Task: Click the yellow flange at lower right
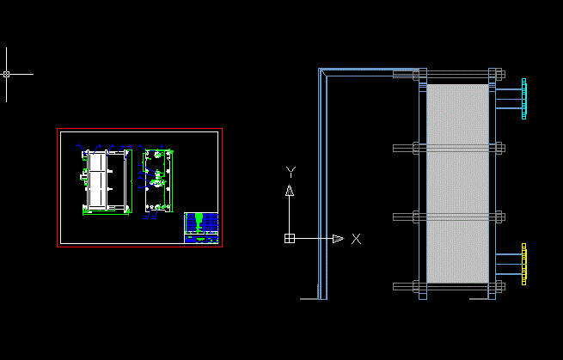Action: [x=523, y=263]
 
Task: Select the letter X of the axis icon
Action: [x=356, y=238]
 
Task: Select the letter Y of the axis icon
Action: [x=291, y=172]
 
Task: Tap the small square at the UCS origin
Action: [x=291, y=238]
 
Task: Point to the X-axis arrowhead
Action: [x=338, y=238]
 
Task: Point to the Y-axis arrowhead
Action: [x=291, y=191]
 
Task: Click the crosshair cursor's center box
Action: [x=7, y=74]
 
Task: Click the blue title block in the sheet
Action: [x=201, y=228]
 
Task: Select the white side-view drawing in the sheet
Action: [x=106, y=181]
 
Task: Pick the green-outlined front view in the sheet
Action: [x=157, y=180]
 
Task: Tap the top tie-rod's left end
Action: [x=395, y=74]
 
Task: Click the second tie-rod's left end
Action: [x=395, y=148]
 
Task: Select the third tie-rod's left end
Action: [x=395, y=217]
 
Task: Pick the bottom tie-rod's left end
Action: [x=395, y=285]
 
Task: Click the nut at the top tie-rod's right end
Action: [x=496, y=74]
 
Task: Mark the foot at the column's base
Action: [x=311, y=298]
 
